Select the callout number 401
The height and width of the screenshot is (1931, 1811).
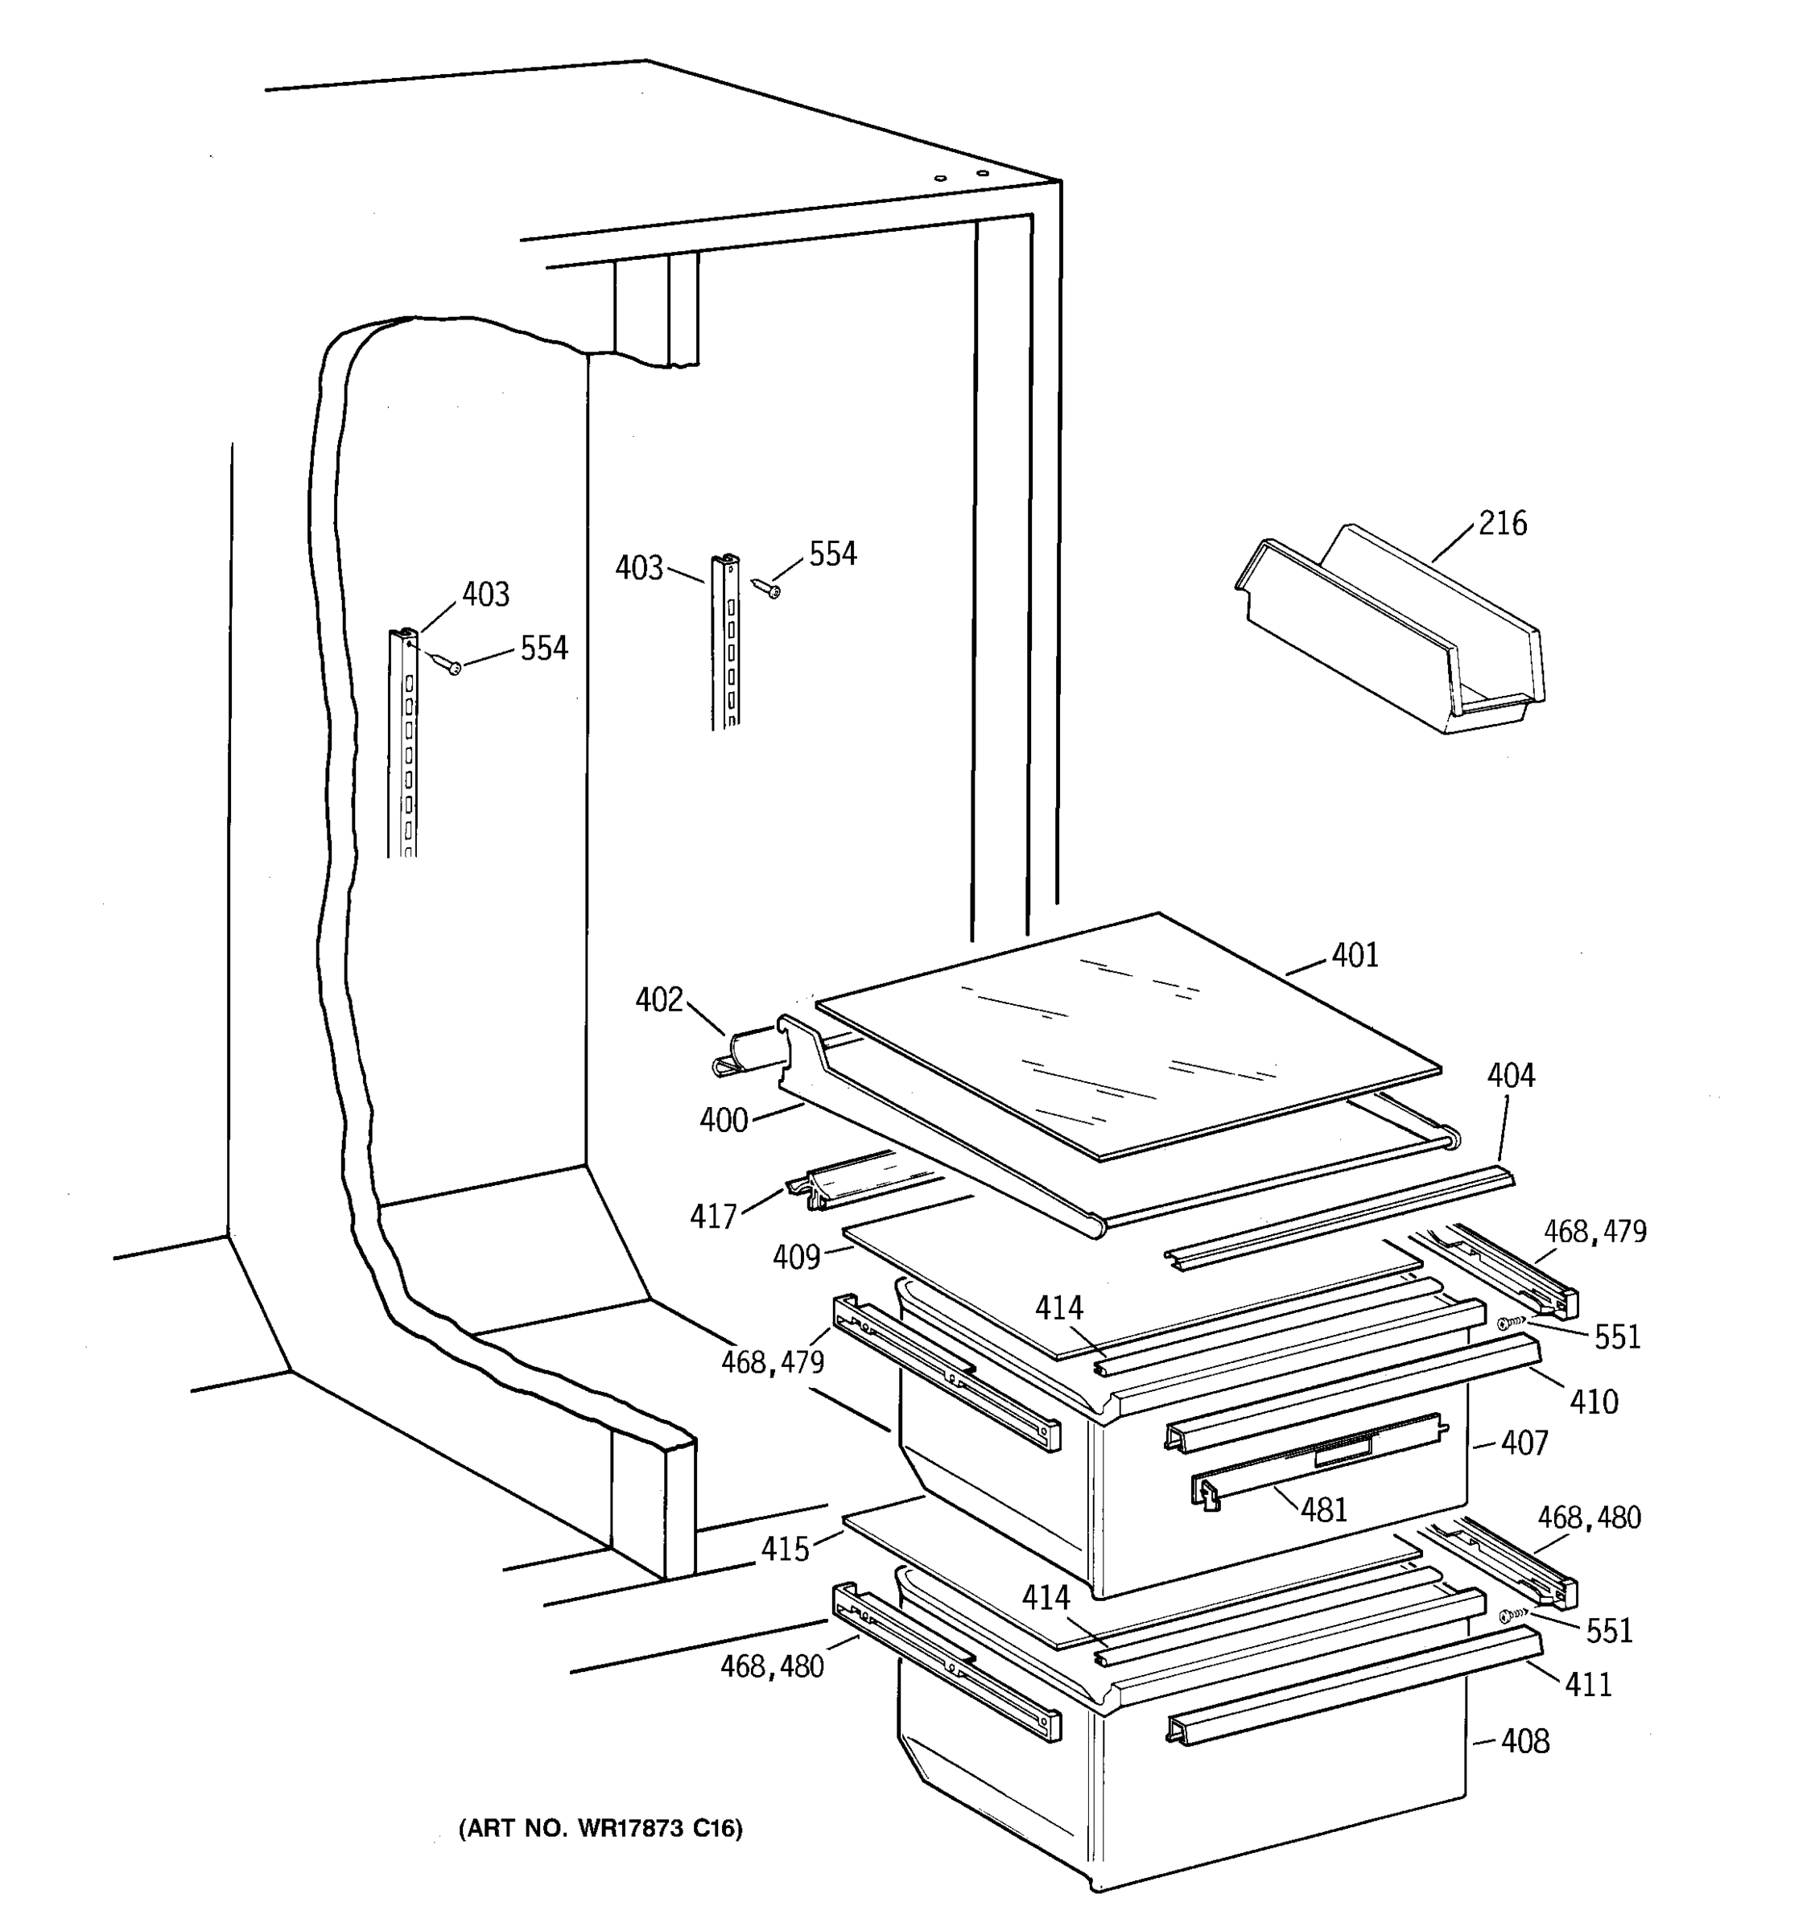1355,956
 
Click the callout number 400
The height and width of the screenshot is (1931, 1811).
724,1120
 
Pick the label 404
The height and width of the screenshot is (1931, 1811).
1511,1075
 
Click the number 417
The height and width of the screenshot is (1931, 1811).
714,1215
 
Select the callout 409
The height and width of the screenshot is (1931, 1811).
797,1257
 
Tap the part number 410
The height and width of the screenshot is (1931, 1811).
1594,1402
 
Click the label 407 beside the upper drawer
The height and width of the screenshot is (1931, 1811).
1524,1443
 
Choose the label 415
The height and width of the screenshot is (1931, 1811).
785,1548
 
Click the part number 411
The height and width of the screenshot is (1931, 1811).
1589,1683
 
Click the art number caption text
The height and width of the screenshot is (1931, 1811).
600,1829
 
